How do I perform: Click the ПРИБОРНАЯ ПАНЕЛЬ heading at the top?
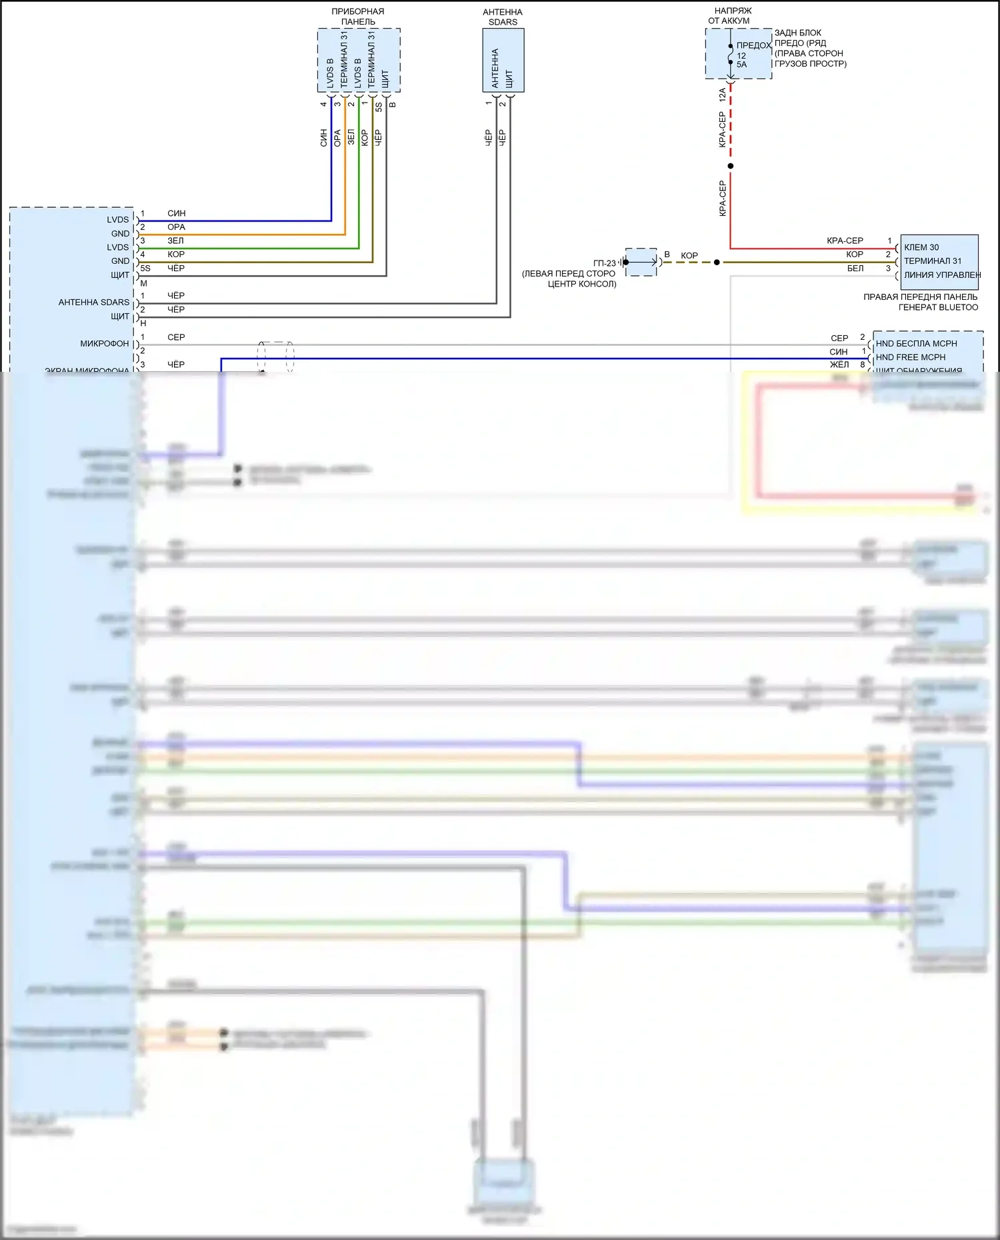point(358,17)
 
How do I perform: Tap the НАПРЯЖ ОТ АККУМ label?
point(731,16)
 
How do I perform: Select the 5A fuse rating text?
point(741,65)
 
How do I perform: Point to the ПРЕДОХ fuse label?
point(753,45)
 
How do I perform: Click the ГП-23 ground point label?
point(604,263)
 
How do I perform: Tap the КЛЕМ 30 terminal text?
point(921,247)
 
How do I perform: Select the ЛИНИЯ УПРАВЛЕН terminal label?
point(942,275)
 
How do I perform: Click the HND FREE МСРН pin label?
point(910,357)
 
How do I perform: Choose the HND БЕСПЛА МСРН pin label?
point(916,343)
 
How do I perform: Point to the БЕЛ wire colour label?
point(855,269)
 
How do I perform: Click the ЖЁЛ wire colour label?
point(839,364)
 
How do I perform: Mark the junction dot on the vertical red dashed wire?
point(731,166)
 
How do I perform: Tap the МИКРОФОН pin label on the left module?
point(105,344)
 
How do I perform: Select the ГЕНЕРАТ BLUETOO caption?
point(938,307)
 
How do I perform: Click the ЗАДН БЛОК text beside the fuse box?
point(798,33)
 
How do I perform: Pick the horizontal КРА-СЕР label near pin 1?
point(845,241)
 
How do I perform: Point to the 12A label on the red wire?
point(723,95)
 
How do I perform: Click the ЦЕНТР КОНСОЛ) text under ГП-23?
point(582,284)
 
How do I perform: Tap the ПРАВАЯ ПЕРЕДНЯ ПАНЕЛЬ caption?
point(920,297)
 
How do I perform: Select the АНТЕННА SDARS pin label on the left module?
point(94,303)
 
